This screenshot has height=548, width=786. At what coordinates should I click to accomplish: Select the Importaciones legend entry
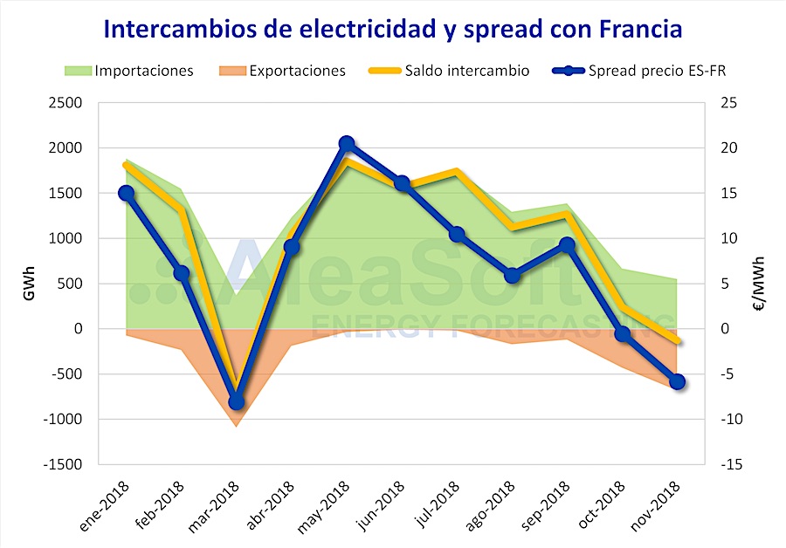click(143, 71)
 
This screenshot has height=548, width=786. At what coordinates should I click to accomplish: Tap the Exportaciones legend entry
click(297, 71)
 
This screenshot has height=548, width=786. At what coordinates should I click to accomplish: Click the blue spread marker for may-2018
click(347, 144)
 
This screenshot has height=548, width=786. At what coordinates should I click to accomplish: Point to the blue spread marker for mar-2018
click(236, 401)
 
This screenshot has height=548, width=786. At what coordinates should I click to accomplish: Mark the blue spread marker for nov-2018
click(678, 381)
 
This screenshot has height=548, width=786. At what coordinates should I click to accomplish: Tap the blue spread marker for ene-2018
click(126, 194)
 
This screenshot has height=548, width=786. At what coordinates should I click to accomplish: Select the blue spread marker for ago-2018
click(513, 276)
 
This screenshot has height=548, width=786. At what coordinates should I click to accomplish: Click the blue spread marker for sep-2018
click(568, 245)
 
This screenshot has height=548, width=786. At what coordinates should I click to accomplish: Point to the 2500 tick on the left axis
click(65, 103)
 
